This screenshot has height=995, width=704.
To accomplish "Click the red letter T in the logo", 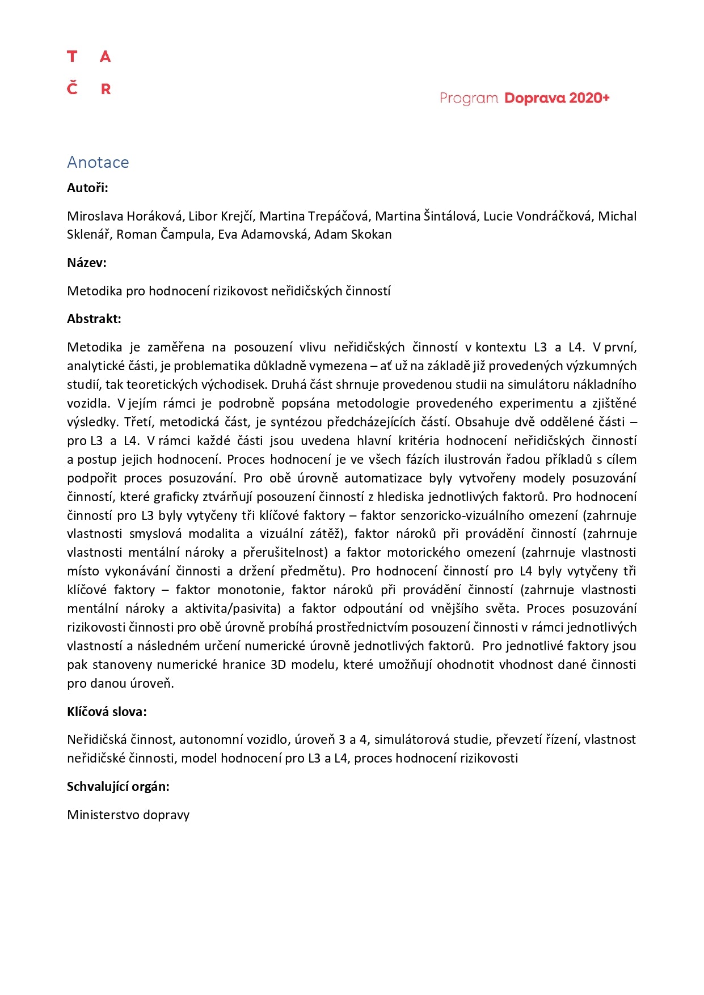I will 72,57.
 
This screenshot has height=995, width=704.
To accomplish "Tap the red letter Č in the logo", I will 72,88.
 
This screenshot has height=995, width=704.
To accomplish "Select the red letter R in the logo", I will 106,89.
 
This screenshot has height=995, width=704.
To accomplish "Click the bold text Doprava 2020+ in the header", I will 557,98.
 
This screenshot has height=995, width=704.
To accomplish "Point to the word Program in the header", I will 469,99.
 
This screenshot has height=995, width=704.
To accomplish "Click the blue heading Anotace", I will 98,163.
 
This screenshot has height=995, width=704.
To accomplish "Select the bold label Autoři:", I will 87,188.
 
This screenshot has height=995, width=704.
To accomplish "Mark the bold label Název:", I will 87,262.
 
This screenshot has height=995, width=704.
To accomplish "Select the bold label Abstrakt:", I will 94,319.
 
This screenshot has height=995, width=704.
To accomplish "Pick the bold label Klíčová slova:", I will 107,712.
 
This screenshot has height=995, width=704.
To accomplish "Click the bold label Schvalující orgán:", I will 118,786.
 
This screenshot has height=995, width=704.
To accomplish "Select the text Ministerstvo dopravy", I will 128,815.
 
